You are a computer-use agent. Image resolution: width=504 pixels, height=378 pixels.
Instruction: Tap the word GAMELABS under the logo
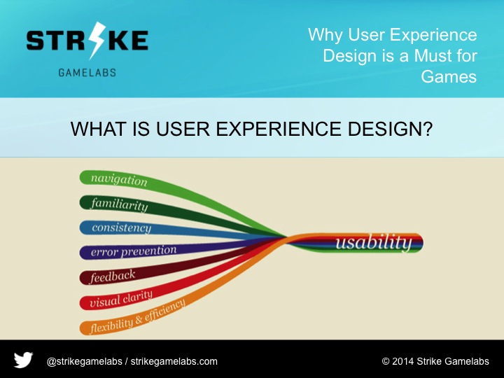(87, 72)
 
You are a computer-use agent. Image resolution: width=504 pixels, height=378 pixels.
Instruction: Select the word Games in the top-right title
(449, 76)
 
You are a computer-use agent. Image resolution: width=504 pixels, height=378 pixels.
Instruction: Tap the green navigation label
(118, 179)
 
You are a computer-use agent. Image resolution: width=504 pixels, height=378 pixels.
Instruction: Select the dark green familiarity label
(119, 204)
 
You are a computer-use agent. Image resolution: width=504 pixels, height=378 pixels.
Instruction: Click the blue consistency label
(121, 228)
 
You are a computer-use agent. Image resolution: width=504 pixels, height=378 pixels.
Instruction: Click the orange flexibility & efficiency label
(137, 317)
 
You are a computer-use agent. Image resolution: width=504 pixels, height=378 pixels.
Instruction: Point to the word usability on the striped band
(372, 243)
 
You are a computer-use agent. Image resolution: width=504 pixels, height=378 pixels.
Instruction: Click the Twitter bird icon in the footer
(23, 360)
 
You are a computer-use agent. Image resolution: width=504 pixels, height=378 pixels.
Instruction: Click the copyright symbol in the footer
(386, 362)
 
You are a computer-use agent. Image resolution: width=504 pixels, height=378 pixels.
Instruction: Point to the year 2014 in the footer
(404, 362)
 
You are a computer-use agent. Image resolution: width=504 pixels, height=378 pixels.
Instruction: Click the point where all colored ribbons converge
(287, 240)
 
